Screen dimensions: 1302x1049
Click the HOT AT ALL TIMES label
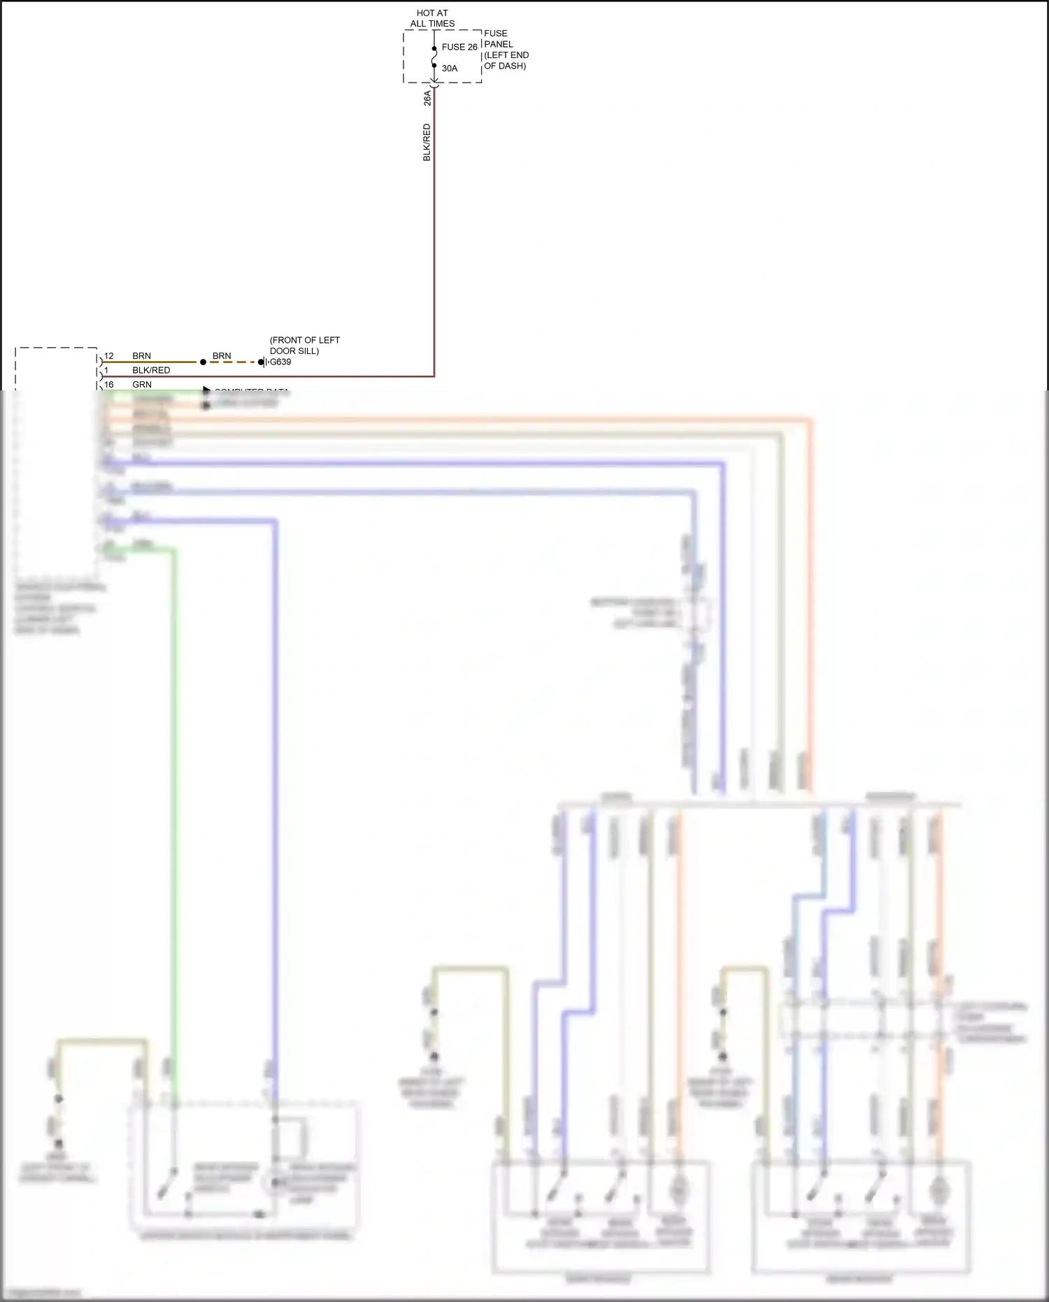click(432, 18)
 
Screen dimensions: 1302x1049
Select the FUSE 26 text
click(459, 47)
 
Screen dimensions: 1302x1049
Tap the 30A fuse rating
click(450, 69)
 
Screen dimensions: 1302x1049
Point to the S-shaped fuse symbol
click(434, 57)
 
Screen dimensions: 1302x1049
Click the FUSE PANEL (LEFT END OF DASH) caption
click(506, 50)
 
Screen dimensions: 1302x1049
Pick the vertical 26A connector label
click(427, 98)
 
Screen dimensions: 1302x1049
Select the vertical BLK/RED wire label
click(427, 143)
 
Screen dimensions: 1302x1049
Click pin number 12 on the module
click(109, 356)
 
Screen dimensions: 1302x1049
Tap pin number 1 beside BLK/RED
click(106, 370)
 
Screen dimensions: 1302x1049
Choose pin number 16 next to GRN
click(109, 384)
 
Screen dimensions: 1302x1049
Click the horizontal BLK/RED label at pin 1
click(151, 370)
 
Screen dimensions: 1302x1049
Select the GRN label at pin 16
click(142, 384)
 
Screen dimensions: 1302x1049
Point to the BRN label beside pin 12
click(142, 356)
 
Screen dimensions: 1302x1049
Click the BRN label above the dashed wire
click(222, 356)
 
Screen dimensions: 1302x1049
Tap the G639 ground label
click(280, 362)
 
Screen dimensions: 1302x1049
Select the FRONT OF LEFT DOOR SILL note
click(305, 346)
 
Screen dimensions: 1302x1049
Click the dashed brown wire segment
click(232, 362)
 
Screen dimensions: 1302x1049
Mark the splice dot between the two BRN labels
click(203, 362)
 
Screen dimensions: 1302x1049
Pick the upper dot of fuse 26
click(434, 49)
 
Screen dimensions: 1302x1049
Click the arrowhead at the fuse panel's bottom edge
click(434, 81)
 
